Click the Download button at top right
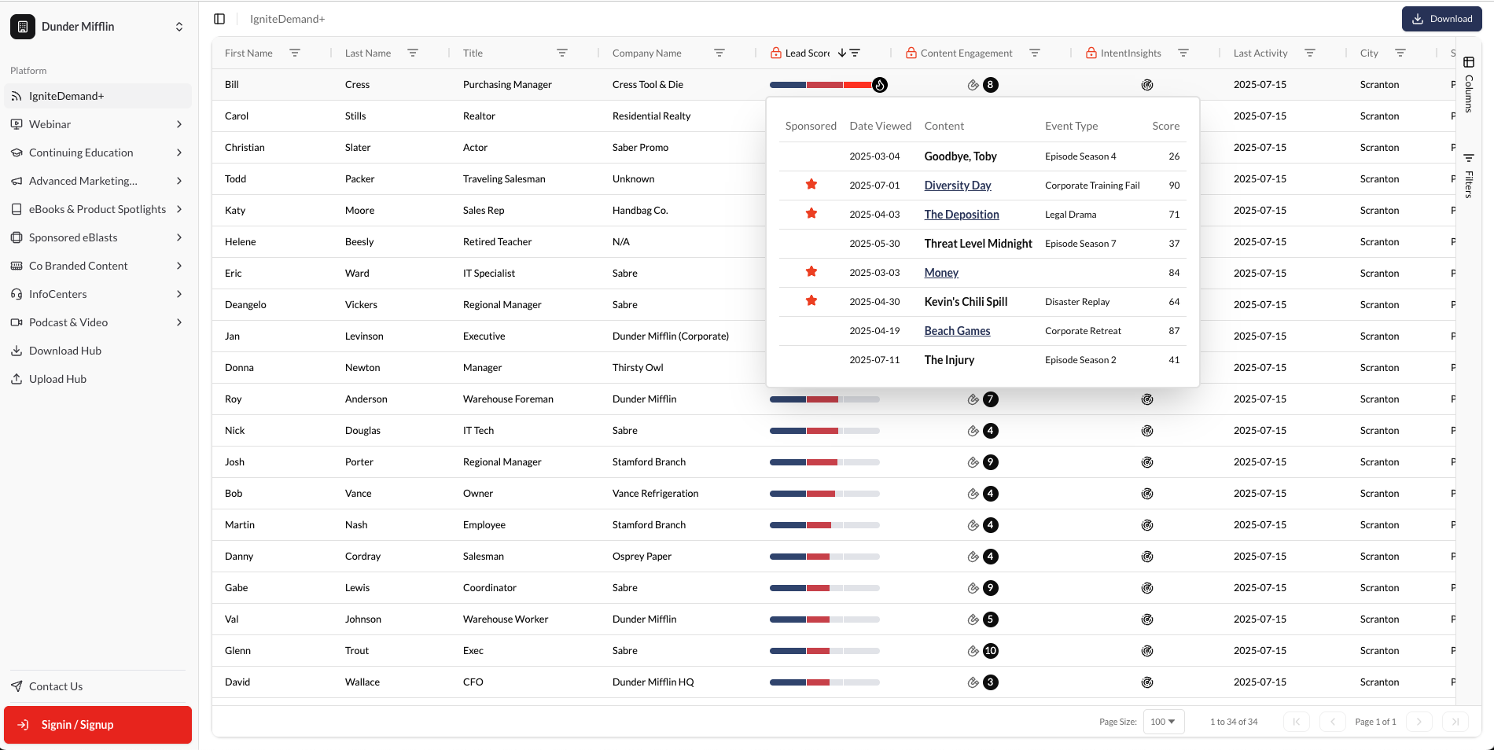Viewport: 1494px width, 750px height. pos(1441,19)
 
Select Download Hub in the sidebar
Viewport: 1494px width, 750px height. pos(65,351)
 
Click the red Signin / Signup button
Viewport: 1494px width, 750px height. pos(98,724)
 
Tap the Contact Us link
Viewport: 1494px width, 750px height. pos(55,686)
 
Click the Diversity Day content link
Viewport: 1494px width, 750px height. pos(957,186)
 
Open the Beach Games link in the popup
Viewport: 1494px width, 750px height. pos(957,331)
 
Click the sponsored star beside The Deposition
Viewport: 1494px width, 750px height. pos(811,214)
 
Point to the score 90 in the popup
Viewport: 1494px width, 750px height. pos(1174,186)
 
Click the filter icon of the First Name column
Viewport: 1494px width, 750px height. pos(295,53)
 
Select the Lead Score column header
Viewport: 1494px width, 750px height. pos(807,53)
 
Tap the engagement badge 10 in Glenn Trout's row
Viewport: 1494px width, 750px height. pos(990,651)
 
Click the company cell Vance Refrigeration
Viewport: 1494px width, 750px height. pos(655,494)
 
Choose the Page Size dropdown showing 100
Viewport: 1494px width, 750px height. pos(1163,722)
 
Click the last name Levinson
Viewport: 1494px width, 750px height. pos(364,336)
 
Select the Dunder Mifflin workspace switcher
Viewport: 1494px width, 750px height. pos(98,27)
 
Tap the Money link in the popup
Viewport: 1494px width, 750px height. pos(941,273)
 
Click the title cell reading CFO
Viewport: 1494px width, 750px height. pos(473,682)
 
